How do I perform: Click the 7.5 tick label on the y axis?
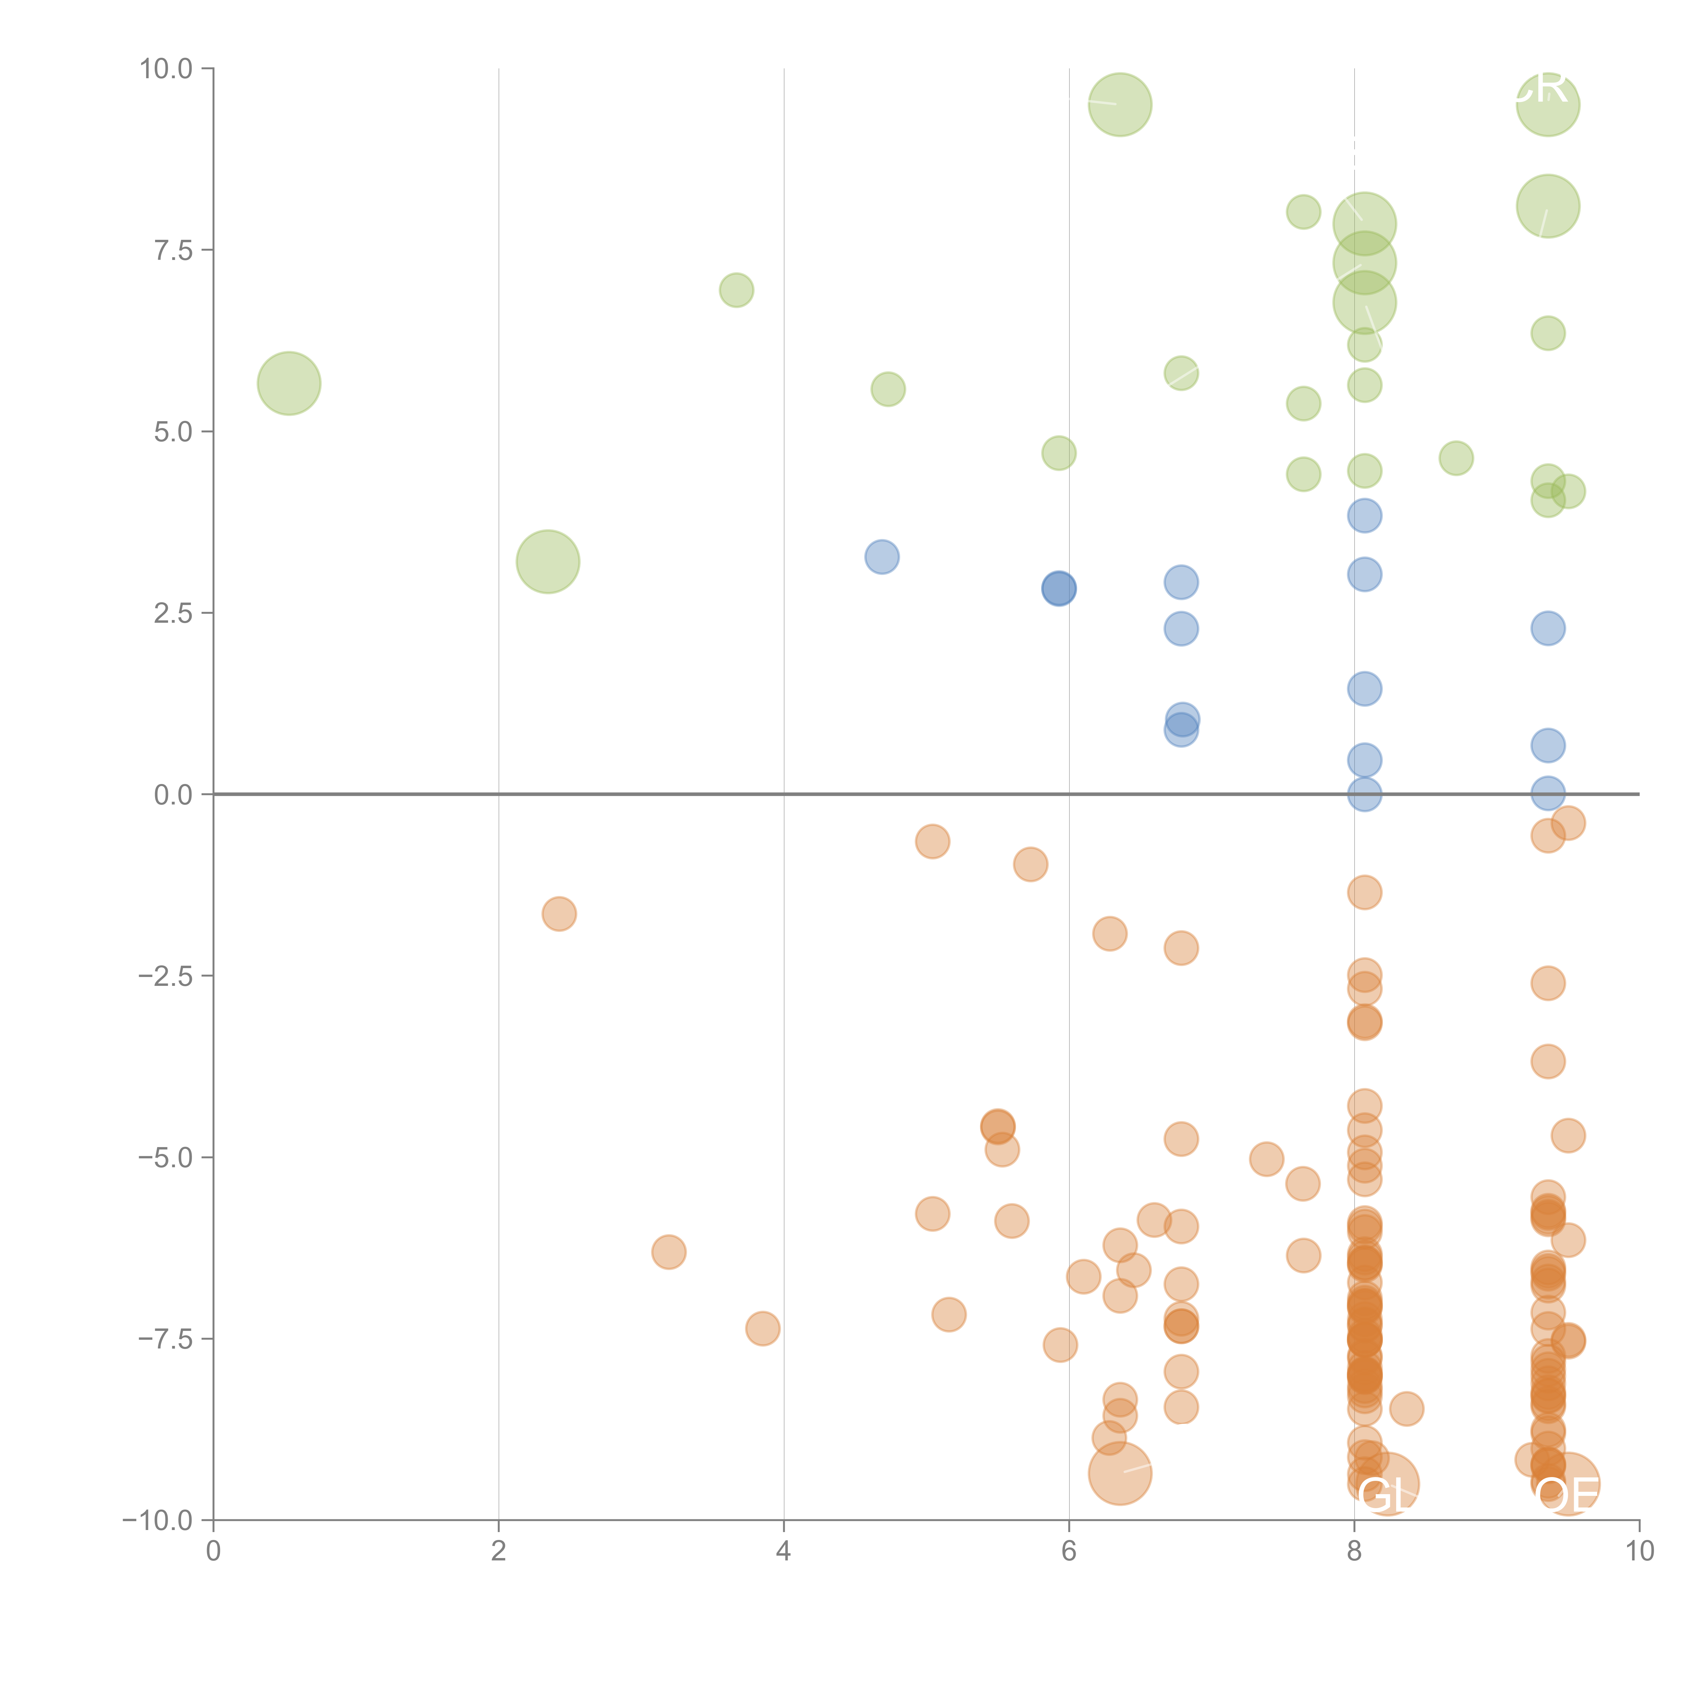pyautogui.click(x=173, y=250)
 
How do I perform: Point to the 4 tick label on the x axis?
pyautogui.click(x=783, y=1552)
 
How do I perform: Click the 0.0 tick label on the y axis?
pyautogui.click(x=173, y=795)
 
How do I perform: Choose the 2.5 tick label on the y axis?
pyautogui.click(x=173, y=614)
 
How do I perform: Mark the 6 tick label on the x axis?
pyautogui.click(x=1069, y=1552)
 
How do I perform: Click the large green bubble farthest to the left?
pyautogui.click(x=289, y=384)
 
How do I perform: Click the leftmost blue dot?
pyautogui.click(x=881, y=557)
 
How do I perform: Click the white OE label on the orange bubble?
pyautogui.click(x=1567, y=1496)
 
